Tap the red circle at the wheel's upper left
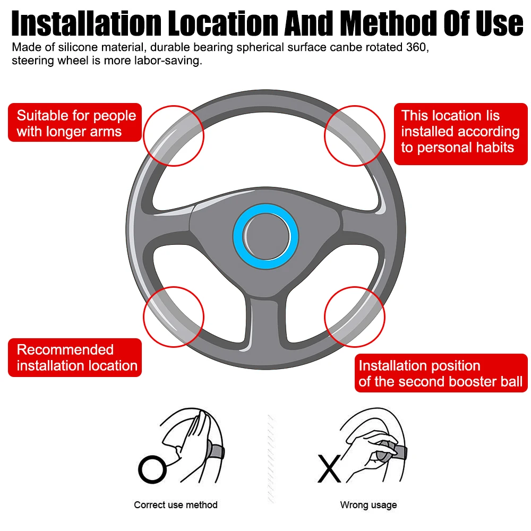pyautogui.click(x=174, y=135)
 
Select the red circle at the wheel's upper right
pyautogui.click(x=355, y=135)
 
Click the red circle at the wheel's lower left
pyautogui.click(x=174, y=317)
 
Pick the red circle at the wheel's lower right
pyautogui.click(x=355, y=317)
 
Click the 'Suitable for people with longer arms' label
pyautogui.click(x=75, y=123)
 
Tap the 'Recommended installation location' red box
pyautogui.click(x=75, y=357)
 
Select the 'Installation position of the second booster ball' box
pyautogui.click(x=440, y=373)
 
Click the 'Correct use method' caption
pyautogui.click(x=176, y=505)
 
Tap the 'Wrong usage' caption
pyautogui.click(x=369, y=505)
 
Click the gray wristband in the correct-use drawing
pyautogui.click(x=217, y=452)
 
